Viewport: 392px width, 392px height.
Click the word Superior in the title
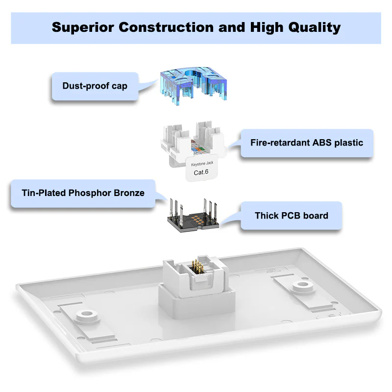pyautogui.click(x=83, y=27)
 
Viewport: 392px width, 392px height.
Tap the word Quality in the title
pyautogui.click(x=314, y=27)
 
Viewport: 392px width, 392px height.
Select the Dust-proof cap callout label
pyautogui.click(x=95, y=86)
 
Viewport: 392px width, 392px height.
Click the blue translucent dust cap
pyautogui.click(x=194, y=85)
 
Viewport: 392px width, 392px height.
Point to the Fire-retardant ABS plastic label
pyautogui.click(x=307, y=143)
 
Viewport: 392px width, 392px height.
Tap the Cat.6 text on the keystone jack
pyautogui.click(x=201, y=172)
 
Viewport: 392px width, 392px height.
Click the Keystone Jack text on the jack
pyautogui.click(x=202, y=164)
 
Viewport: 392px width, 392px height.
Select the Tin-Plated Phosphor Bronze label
pyautogui.click(x=83, y=193)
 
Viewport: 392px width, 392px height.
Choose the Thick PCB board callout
pyautogui.click(x=291, y=216)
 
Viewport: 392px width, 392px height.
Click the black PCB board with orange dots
pyautogui.click(x=193, y=222)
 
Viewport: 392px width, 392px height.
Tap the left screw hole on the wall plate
pyautogui.click(x=87, y=314)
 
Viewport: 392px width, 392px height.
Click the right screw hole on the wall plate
pyautogui.click(x=303, y=285)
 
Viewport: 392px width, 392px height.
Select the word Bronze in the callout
pyautogui.click(x=129, y=193)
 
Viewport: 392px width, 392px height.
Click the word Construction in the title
pyautogui.click(x=166, y=27)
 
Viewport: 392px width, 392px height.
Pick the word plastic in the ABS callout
pyautogui.click(x=349, y=143)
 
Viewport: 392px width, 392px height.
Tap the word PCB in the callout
pyautogui.click(x=291, y=216)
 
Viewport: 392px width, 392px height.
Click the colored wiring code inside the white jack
pyautogui.click(x=198, y=147)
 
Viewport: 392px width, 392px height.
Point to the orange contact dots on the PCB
pyautogui.click(x=197, y=219)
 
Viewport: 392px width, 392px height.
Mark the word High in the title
pyautogui.click(x=267, y=27)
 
